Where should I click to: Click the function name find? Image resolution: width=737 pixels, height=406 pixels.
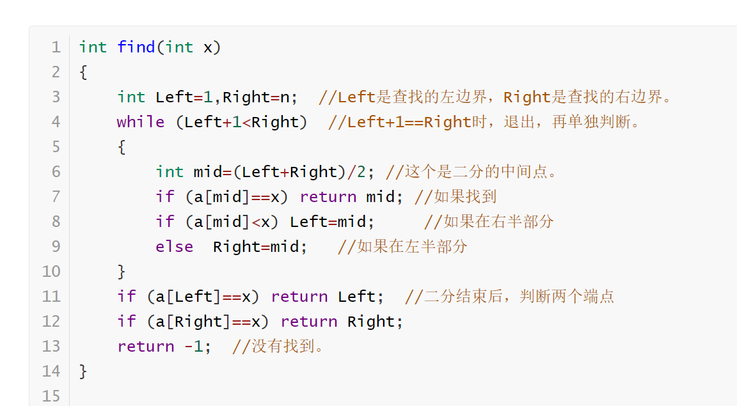click(136, 47)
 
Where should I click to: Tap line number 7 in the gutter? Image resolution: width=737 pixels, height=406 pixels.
click(56, 197)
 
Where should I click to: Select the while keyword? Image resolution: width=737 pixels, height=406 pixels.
click(140, 122)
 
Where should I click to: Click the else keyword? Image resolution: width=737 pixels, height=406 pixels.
click(174, 247)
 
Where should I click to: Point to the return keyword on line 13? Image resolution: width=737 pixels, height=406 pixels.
click(145, 347)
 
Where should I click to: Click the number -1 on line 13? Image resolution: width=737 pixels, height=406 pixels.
click(193, 347)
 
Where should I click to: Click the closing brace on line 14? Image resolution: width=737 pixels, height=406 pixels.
click(83, 371)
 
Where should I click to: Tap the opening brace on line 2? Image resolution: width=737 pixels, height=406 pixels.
click(83, 72)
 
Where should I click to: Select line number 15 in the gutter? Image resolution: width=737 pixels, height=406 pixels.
click(51, 396)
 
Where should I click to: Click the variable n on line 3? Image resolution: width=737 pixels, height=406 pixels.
click(285, 97)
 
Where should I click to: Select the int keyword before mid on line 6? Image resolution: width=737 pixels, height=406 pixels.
click(170, 172)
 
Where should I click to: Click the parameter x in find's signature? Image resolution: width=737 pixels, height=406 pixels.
click(208, 47)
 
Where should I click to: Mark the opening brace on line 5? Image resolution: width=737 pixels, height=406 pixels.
click(122, 147)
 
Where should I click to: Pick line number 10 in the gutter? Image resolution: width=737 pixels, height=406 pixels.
click(51, 272)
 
